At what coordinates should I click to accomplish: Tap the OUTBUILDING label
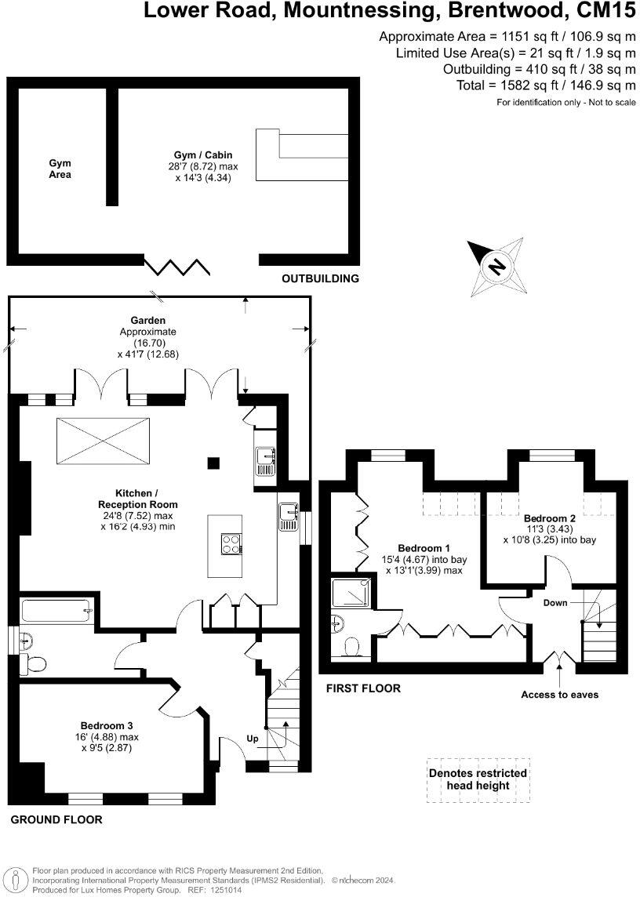(x=320, y=278)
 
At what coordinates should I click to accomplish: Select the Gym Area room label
(x=60, y=169)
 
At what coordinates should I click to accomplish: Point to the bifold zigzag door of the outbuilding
(x=176, y=267)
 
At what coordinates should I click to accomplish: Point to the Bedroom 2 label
(x=550, y=518)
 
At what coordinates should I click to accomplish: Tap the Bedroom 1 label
(x=424, y=547)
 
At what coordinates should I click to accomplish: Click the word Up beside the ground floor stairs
(x=253, y=739)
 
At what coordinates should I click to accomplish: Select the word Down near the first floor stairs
(x=556, y=603)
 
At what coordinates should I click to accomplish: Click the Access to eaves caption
(x=559, y=695)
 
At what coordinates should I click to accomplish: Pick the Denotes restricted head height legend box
(x=478, y=779)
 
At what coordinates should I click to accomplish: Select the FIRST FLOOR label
(x=363, y=688)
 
